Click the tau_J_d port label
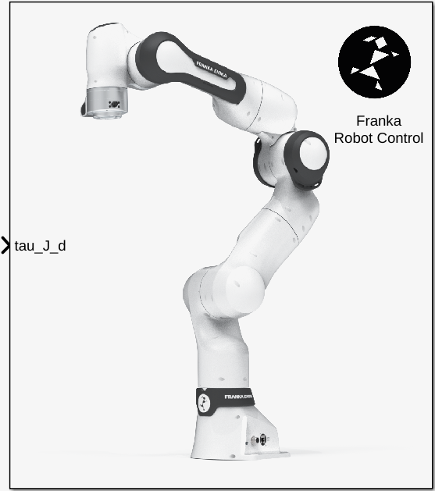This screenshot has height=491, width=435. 41,246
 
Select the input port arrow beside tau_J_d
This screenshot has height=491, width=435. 6,246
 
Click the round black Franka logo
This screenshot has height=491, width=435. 374,62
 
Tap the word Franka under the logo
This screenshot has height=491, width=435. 379,121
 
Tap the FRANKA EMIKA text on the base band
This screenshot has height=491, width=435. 238,397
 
